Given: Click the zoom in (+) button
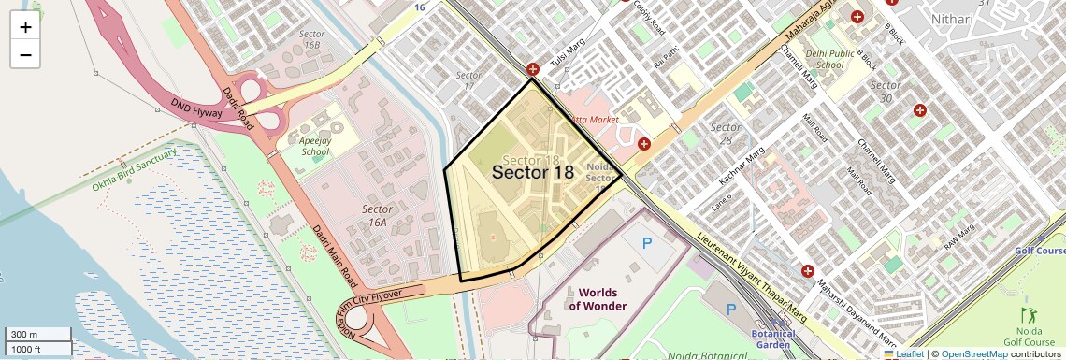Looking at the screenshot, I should tap(25, 27).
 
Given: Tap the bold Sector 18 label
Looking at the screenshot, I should tap(532, 171).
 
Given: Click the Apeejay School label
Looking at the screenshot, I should tap(315, 145).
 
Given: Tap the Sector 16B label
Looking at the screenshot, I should tap(311, 38).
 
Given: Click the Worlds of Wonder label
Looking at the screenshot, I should tap(598, 299).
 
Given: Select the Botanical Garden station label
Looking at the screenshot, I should tap(772, 338).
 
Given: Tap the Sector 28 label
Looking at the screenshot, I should tap(726, 134).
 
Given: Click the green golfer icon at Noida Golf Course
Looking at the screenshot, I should tap(1030, 316).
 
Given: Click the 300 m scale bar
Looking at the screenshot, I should tap(36, 334).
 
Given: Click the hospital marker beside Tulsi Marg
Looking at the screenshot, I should tap(533, 69).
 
